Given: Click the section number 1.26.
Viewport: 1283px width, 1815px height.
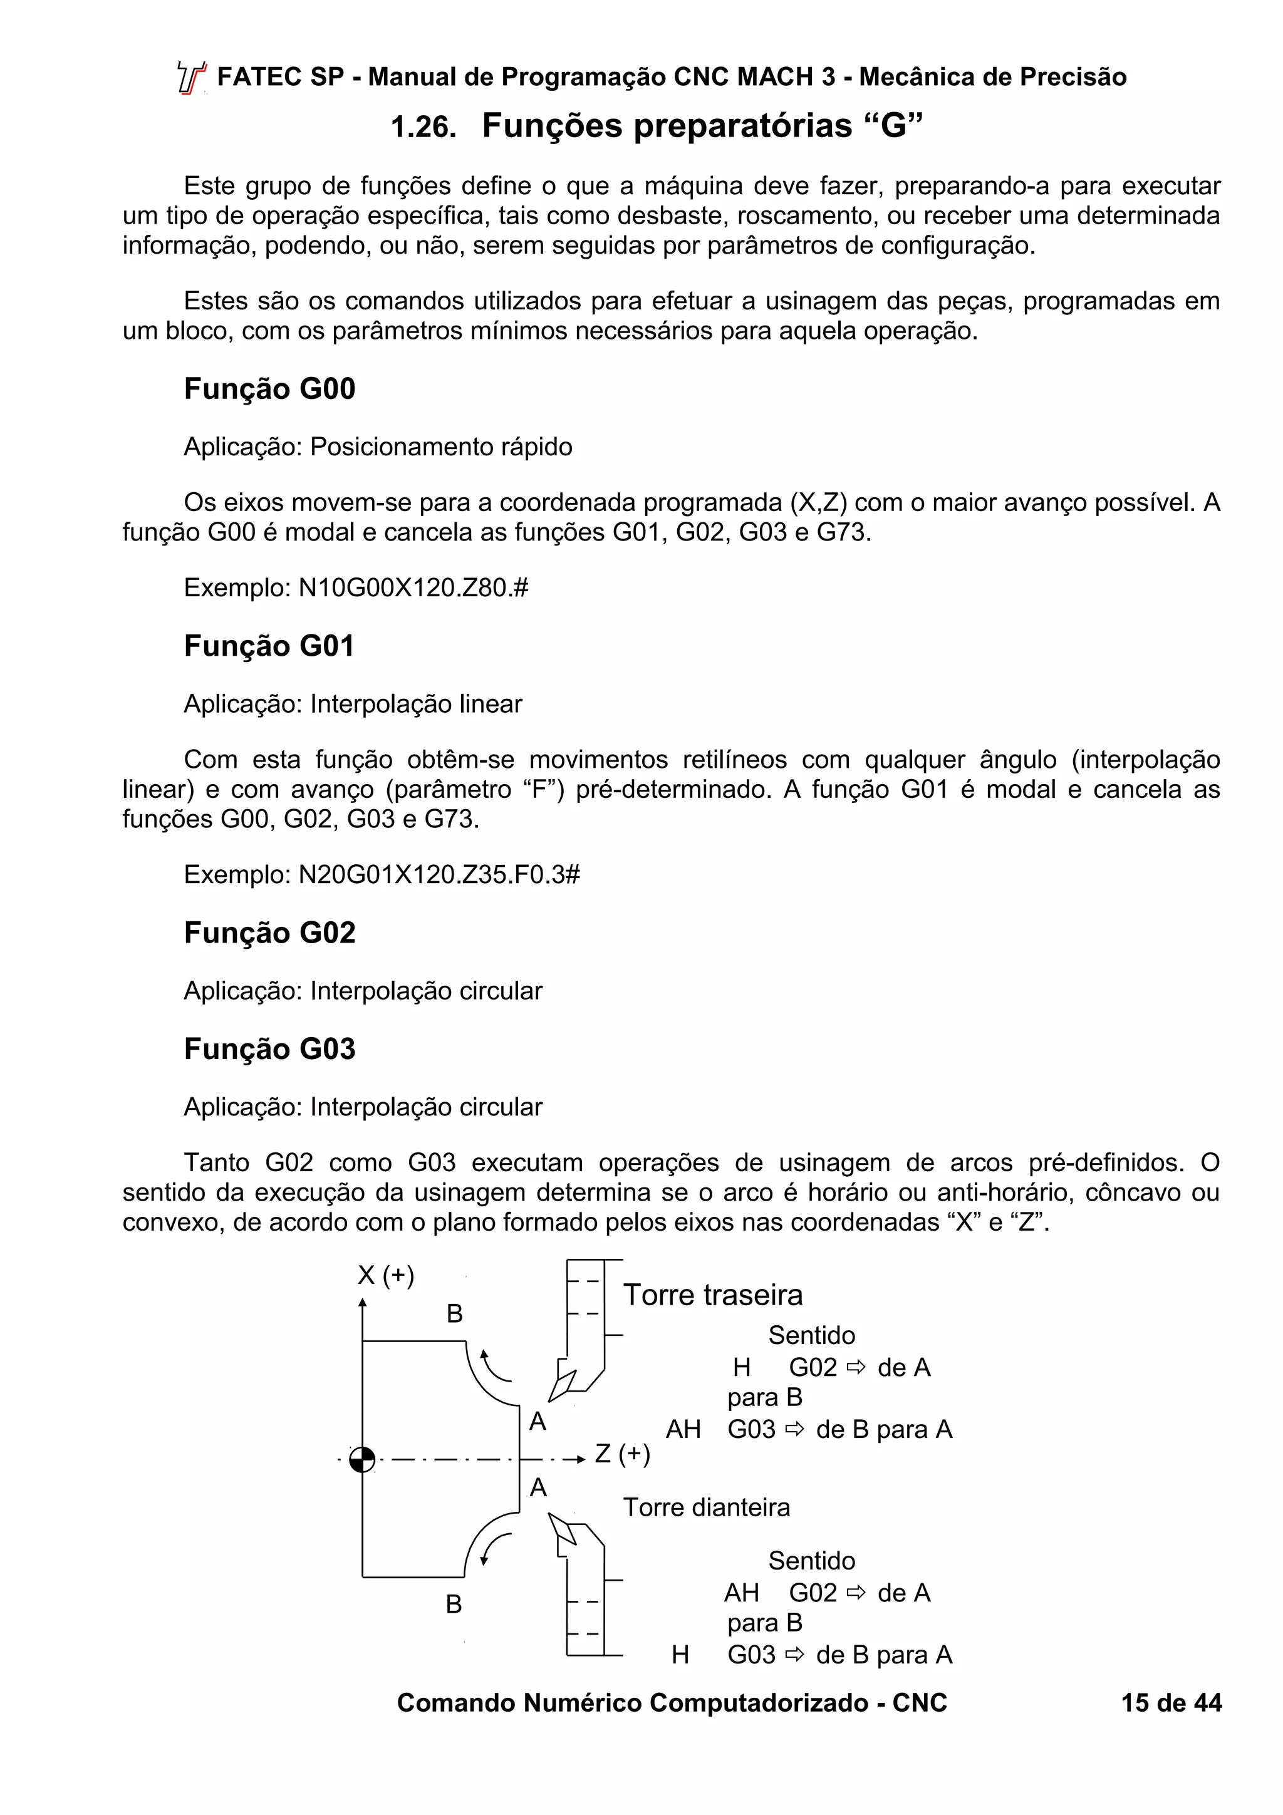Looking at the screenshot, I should point(423,127).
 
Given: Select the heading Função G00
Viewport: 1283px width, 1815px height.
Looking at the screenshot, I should point(269,389).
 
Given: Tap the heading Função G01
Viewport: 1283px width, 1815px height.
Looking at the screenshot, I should point(269,646).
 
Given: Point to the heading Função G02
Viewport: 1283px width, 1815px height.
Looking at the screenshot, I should point(269,933).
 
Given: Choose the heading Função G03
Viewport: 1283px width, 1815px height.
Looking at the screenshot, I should point(269,1049).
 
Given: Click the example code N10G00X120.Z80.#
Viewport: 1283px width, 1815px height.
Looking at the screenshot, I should point(413,588).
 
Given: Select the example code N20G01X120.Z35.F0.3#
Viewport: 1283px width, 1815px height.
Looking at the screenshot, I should point(439,875).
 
